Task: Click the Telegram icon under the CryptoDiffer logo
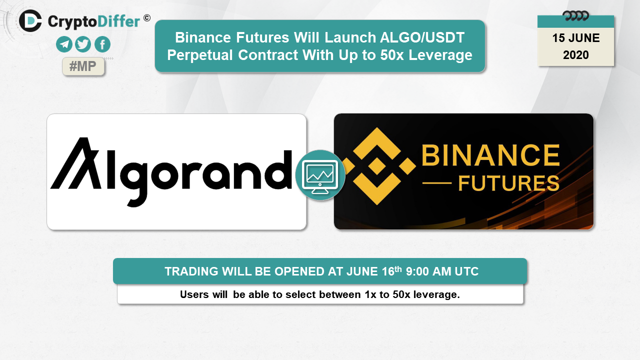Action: (64, 44)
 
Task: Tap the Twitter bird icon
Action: (83, 44)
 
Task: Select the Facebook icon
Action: (102, 44)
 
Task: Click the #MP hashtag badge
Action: (83, 66)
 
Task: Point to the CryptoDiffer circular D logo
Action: (30, 20)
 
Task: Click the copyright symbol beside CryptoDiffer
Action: (147, 18)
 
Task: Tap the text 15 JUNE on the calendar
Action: (575, 38)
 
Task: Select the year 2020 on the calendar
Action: (575, 55)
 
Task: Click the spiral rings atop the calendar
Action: (575, 15)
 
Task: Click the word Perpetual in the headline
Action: (200, 55)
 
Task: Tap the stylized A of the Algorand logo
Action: (76, 163)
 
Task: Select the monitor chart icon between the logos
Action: (320, 175)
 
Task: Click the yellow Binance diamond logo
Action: (377, 166)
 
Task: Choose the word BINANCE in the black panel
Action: (490, 155)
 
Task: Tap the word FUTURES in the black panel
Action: (509, 183)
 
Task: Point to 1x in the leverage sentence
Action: (370, 294)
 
